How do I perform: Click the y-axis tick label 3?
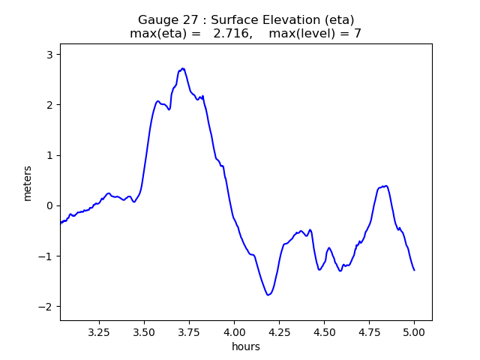(50, 55)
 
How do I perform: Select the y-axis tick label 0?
(50, 206)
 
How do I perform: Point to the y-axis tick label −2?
(47, 307)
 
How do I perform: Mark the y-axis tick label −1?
(47, 256)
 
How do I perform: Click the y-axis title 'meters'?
(28, 183)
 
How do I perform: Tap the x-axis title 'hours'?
(246, 346)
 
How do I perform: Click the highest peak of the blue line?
(182, 68)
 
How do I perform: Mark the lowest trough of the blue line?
(268, 295)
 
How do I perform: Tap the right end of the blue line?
(414, 270)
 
